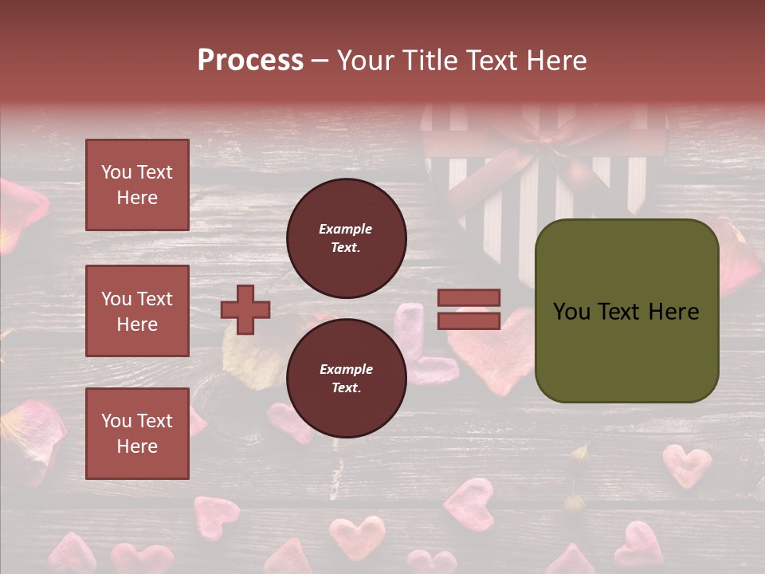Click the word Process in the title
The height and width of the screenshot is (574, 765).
point(250,61)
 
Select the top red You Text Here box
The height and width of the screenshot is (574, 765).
point(137,185)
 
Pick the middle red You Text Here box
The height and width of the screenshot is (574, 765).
point(137,311)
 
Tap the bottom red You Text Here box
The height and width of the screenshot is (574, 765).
point(137,434)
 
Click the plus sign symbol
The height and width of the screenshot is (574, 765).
point(245,309)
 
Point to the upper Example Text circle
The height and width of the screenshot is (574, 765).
point(347,238)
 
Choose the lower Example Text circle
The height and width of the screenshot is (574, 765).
point(347,378)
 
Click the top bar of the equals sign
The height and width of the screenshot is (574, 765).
point(469,297)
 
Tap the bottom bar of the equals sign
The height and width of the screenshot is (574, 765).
point(469,320)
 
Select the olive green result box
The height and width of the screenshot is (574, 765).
point(626,310)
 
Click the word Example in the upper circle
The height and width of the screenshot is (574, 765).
point(345,229)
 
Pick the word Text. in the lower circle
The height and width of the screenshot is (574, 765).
point(346,387)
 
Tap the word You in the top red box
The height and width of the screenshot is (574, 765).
point(116,172)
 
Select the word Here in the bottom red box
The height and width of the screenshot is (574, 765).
point(137,446)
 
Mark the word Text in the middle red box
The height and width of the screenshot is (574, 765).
point(153,299)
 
